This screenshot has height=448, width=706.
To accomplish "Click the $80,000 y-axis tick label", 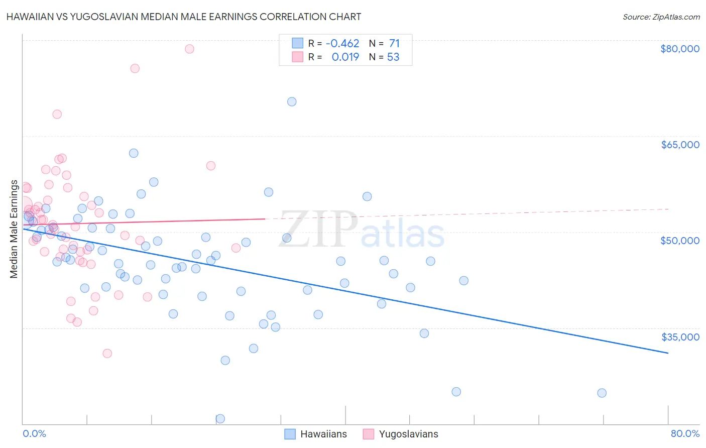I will coord(679,49).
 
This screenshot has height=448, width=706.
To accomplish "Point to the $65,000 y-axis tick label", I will coord(679,145).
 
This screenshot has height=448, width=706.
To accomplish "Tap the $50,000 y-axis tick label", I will coord(679,241).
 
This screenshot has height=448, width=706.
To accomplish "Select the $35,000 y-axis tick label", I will coord(679,337).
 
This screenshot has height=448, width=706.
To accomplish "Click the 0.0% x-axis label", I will coord(34,433).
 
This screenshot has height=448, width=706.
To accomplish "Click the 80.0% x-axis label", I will coord(685,433).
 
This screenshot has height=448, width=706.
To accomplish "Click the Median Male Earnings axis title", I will coord(14,229).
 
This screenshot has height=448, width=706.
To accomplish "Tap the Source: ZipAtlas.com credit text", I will coord(661,17).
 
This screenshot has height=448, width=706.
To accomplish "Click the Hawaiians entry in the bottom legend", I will coord(323,434).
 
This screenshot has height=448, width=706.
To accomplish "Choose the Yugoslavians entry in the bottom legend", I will coord(408,434).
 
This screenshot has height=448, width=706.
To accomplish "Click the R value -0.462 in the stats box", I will coord(342,44).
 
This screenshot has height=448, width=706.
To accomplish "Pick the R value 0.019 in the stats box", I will coord(345,57).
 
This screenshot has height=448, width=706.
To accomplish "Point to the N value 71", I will coord(394,44).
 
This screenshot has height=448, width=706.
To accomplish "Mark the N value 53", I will coord(393,57).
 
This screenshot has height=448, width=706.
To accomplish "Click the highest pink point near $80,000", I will coord(189,49).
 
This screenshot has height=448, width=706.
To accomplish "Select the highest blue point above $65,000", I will coord(292,101).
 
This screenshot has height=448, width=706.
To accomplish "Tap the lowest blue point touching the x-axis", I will coord(220,418).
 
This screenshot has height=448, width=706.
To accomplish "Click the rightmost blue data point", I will coord(602,393).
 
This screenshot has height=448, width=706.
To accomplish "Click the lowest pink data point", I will coord(107,353).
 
